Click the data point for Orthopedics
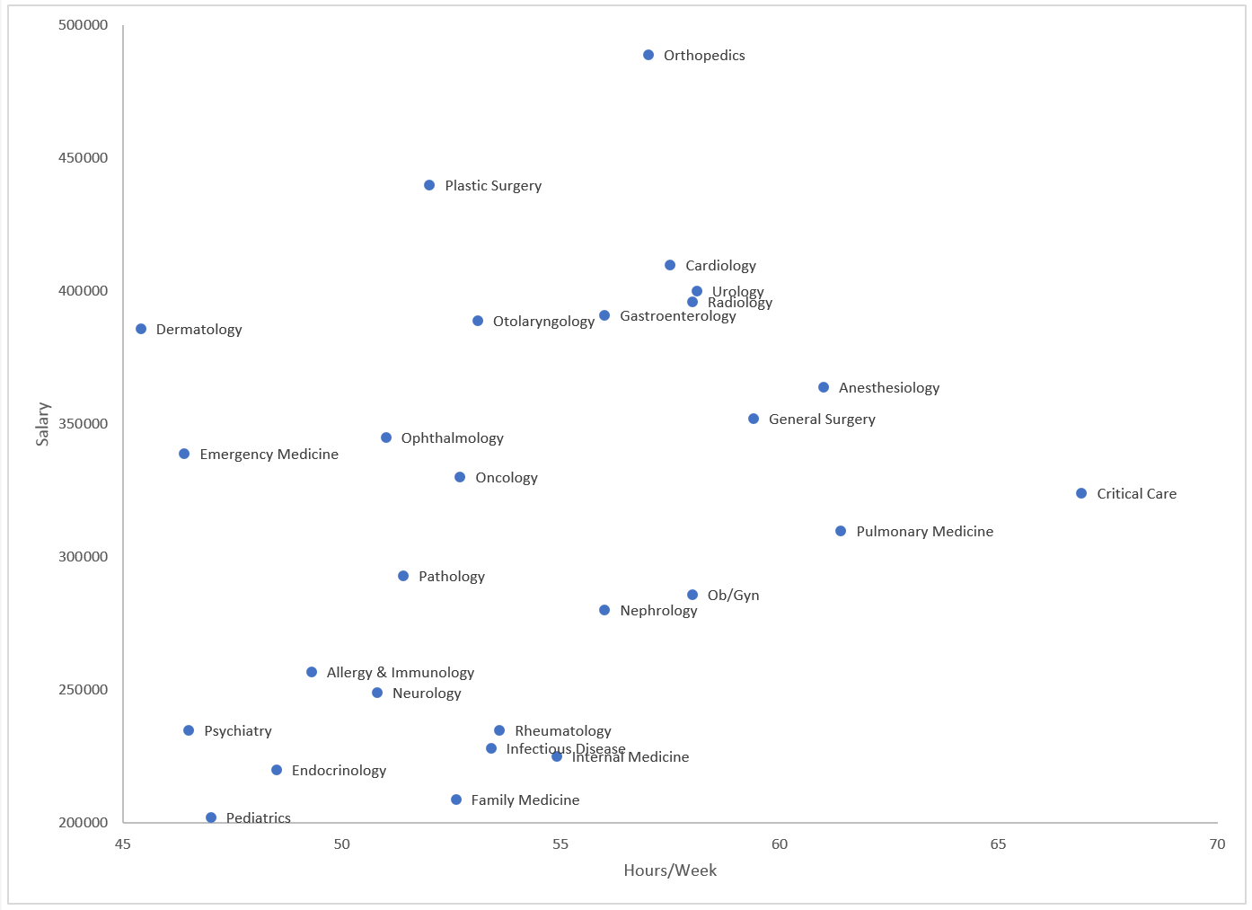tap(648, 56)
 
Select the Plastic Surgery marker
tap(429, 186)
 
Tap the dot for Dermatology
tap(141, 330)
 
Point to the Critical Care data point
tap(1081, 494)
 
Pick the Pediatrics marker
tap(211, 817)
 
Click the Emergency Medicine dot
tap(184, 455)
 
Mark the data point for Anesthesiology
tap(824, 388)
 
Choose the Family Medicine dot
tap(456, 800)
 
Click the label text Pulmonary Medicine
tap(924, 532)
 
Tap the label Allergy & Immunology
tap(400, 673)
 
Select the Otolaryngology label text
tap(543, 322)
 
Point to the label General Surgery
tap(822, 420)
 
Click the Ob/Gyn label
tap(733, 596)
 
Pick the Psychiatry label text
tap(237, 731)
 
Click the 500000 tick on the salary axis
tap(84, 25)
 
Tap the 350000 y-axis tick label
tap(84, 424)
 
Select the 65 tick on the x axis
tap(998, 844)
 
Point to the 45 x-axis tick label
tap(123, 844)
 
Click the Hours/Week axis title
tap(670, 870)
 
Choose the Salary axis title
tap(43, 424)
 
